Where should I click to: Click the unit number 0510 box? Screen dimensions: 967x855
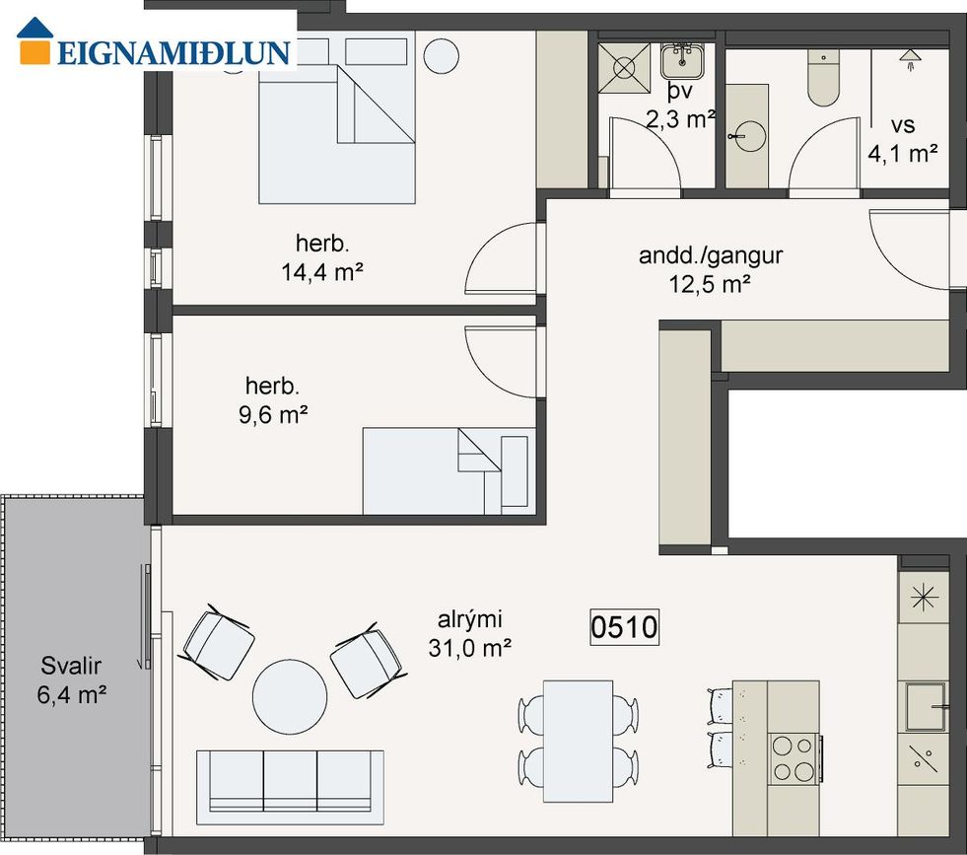point(624,627)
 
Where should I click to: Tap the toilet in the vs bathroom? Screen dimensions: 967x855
point(823,78)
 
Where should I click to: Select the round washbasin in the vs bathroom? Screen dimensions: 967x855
point(749,136)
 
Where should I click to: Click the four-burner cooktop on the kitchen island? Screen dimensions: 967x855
point(794,758)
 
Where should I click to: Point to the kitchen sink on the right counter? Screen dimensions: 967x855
point(926,706)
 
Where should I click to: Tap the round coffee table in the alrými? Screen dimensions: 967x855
point(290,696)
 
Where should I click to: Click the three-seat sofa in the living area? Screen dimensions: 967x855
point(290,787)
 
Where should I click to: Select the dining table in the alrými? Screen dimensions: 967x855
point(578,741)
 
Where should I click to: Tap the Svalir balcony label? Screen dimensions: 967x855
point(71,666)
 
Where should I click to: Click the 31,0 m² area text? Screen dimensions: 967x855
point(470,648)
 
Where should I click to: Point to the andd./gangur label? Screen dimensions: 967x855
point(711,254)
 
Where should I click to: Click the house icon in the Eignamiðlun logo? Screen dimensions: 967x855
point(35,40)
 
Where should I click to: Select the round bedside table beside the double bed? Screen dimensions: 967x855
point(442,56)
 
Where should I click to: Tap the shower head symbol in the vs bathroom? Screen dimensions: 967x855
point(910,60)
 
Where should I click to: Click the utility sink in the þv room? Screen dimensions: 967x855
point(682,60)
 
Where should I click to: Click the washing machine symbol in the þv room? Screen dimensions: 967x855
point(624,68)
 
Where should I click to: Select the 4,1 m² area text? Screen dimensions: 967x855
point(903,153)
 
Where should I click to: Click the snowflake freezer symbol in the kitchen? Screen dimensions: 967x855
point(924,598)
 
